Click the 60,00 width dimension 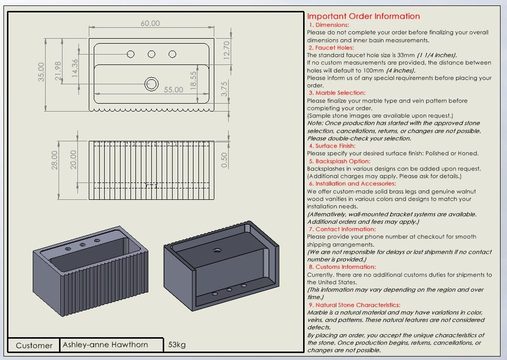[x=150, y=23]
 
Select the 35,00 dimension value [x=42, y=71]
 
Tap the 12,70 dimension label [x=227, y=50]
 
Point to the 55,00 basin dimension [x=174, y=90]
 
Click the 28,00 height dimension [x=55, y=160]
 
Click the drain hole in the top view [x=151, y=84]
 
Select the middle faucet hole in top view [x=151, y=54]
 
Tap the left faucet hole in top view [x=130, y=54]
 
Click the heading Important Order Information [x=363, y=16]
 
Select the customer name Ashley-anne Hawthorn [x=105, y=345]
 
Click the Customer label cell [x=34, y=345]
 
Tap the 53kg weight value [x=177, y=345]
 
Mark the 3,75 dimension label [x=224, y=89]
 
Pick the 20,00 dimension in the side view [x=73, y=160]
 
